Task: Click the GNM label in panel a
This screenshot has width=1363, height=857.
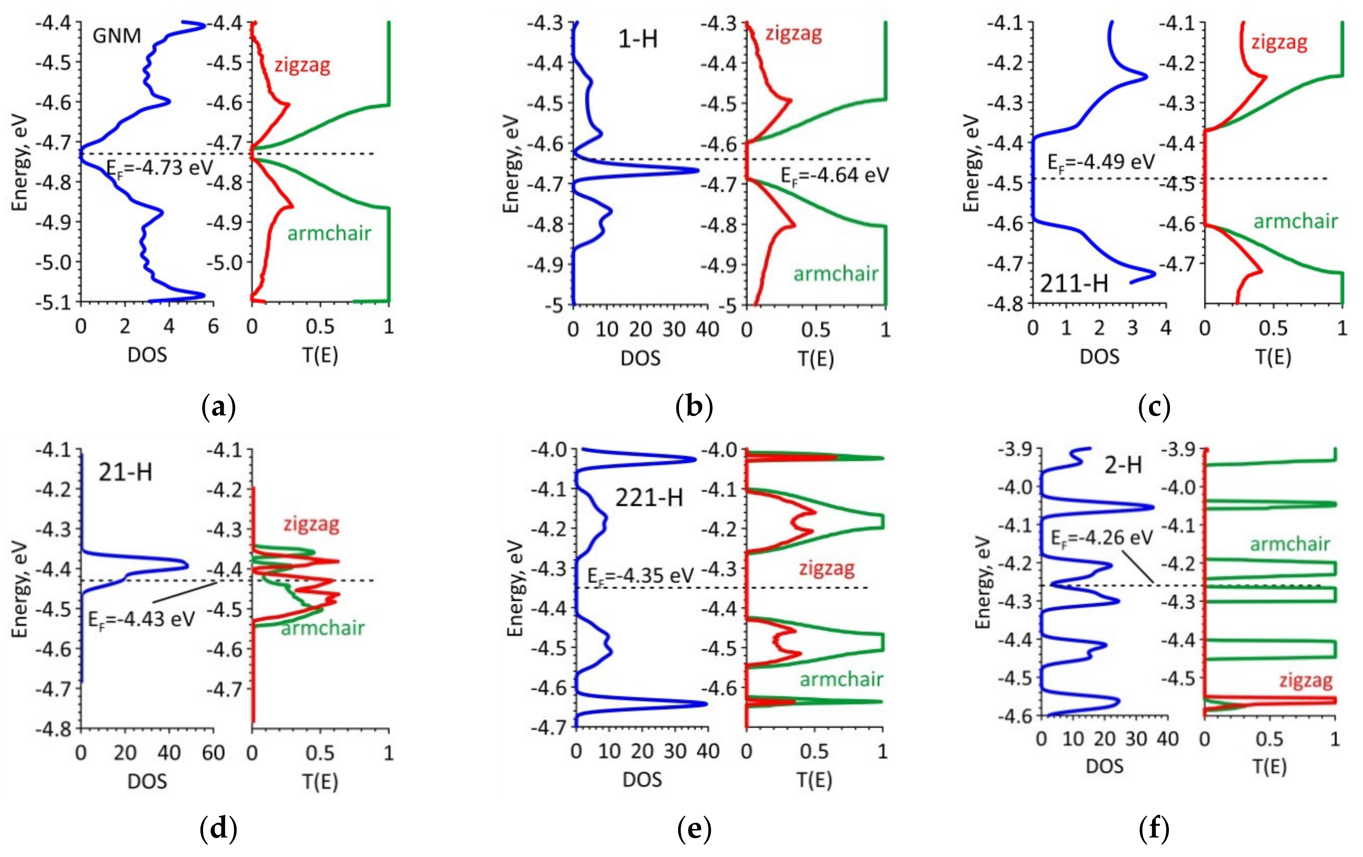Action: click(117, 36)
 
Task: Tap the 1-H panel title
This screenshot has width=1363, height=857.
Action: click(638, 40)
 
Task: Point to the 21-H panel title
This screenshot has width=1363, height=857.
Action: click(126, 472)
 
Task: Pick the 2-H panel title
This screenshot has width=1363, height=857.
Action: click(1124, 465)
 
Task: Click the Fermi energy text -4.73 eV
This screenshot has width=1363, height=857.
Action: click(160, 168)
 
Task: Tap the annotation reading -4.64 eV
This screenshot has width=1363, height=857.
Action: click(835, 176)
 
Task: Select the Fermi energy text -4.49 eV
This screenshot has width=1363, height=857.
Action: click(1101, 162)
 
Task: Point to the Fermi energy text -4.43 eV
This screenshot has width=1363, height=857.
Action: click(141, 619)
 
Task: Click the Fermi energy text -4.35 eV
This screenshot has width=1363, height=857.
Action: click(640, 576)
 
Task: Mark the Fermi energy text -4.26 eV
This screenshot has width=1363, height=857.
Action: click(1101, 537)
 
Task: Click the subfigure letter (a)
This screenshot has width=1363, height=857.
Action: click(218, 407)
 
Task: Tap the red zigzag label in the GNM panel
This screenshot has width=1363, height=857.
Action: click(302, 66)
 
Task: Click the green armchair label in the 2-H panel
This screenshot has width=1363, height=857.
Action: click(1290, 544)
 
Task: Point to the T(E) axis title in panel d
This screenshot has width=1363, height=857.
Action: click(320, 782)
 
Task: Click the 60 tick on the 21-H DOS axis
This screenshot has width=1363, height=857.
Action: click(214, 753)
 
